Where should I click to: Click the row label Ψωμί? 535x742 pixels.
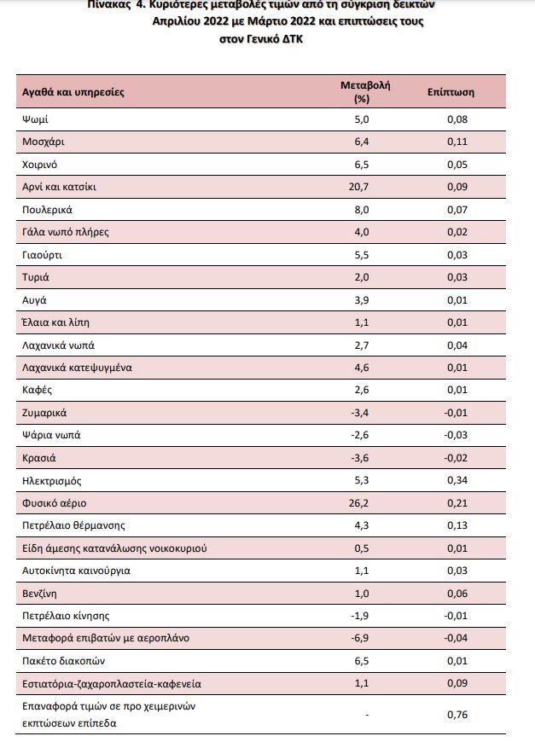click(36, 119)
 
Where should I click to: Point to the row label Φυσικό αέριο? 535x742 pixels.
click(55, 503)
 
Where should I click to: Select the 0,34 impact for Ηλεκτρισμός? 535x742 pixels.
click(456, 480)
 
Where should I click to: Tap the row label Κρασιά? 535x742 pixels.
click(38, 458)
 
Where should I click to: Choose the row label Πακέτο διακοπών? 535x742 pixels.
click(63, 661)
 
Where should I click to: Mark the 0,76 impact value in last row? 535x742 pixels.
click(456, 715)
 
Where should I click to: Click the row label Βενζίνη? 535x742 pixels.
click(42, 593)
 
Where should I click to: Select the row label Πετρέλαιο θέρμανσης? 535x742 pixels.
click(73, 525)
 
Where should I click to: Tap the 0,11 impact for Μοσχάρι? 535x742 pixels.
click(456, 142)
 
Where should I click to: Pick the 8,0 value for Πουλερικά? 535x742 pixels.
click(362, 210)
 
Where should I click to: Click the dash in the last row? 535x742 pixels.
click(366, 715)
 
